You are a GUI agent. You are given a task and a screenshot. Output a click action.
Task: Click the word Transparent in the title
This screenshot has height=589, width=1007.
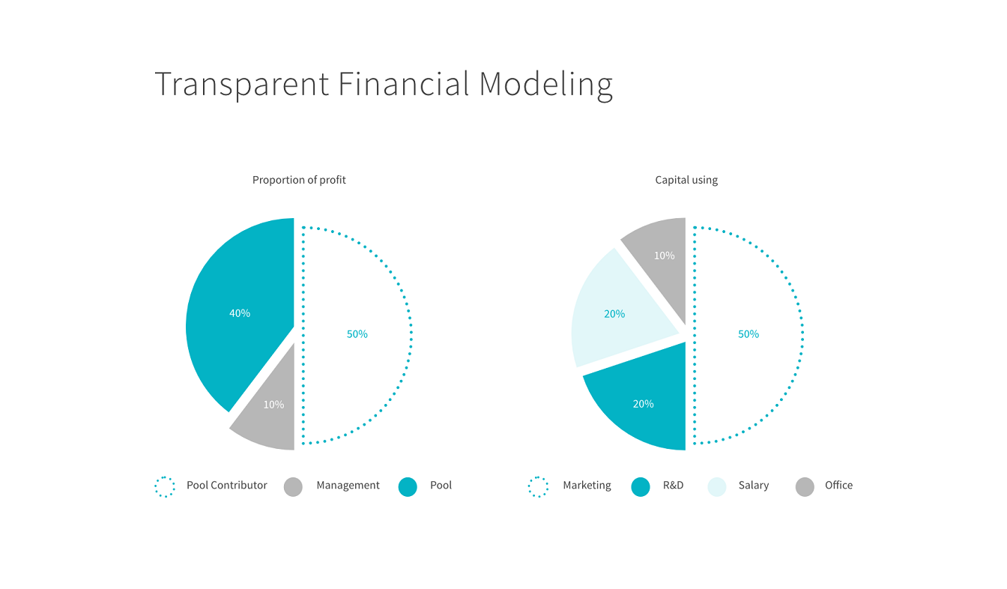242,84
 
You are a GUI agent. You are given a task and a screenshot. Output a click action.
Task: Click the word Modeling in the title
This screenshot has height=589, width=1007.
545,84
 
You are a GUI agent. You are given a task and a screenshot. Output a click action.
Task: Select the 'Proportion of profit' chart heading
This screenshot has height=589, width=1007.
299,180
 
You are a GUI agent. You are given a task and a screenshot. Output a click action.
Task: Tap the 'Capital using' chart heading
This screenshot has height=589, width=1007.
686,180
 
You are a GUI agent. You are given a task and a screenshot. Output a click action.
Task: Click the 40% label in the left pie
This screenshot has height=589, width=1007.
240,313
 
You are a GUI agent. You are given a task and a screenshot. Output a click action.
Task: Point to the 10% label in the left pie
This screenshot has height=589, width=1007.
273,405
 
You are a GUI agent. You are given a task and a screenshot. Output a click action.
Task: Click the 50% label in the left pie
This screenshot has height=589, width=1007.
357,334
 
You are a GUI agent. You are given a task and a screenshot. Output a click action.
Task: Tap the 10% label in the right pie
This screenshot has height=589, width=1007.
664,256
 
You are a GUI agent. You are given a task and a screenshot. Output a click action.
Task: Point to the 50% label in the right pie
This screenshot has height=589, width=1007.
749,334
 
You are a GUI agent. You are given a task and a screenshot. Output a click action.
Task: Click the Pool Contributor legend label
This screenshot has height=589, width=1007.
226,485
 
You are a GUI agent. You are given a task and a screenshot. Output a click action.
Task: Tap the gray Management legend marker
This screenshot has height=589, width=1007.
293,487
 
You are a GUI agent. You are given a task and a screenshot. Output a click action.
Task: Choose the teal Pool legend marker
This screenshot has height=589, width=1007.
408,487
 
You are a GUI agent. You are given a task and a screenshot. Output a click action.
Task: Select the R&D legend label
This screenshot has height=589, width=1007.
673,485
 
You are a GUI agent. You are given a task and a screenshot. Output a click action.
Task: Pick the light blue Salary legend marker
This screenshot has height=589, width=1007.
717,487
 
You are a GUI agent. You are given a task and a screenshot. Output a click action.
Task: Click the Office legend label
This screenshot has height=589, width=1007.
838,485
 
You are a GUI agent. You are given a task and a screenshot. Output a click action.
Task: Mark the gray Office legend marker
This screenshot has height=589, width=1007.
805,487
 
